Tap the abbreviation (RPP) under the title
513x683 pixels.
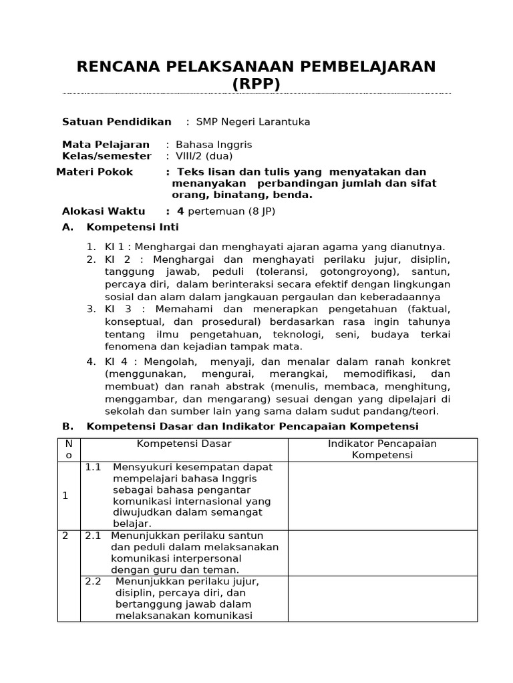(x=256, y=83)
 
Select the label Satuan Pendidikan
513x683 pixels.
(x=116, y=122)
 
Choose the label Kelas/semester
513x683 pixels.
(x=106, y=156)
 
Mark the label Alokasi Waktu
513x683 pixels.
(x=104, y=211)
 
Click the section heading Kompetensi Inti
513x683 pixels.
(x=133, y=227)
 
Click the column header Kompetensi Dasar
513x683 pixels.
(x=184, y=444)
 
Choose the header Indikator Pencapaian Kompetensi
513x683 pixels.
(x=382, y=450)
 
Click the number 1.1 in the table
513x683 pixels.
(x=93, y=467)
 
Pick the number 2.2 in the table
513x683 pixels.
(x=93, y=581)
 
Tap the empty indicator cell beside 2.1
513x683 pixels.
(x=382, y=553)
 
